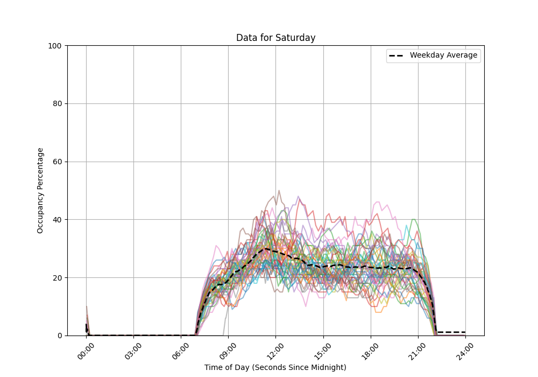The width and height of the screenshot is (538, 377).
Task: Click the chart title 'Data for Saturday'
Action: tap(275, 38)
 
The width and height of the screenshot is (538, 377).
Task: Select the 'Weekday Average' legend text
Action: tap(443, 55)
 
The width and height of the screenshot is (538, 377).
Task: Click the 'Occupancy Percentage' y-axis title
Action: tap(40, 191)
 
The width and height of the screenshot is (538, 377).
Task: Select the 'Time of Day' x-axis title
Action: tap(275, 367)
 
